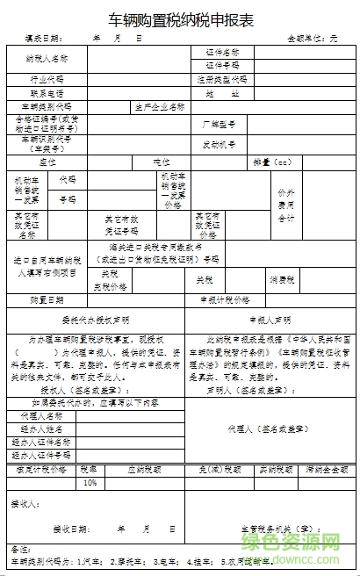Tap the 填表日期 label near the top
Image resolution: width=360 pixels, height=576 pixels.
coord(43,40)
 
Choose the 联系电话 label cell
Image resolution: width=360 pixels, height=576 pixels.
coord(47,92)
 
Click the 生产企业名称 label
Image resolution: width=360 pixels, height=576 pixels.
coord(159,106)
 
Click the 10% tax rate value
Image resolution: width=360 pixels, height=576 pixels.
coord(90,483)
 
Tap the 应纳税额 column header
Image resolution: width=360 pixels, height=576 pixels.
coord(143,470)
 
